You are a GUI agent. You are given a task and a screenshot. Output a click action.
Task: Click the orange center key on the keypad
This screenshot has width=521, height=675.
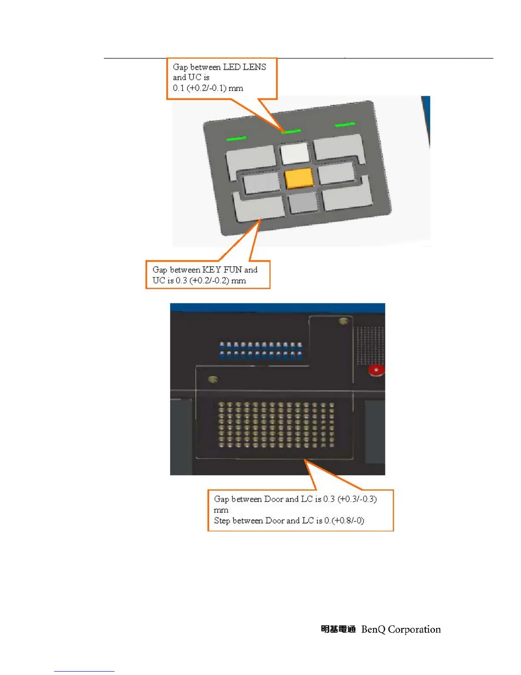[x=299, y=178]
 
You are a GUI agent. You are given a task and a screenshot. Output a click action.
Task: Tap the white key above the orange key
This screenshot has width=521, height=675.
[x=295, y=153]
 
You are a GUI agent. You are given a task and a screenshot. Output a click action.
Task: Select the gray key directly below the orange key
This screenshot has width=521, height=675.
[x=303, y=203]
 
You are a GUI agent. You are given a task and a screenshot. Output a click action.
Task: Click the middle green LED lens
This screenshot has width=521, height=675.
[x=291, y=131]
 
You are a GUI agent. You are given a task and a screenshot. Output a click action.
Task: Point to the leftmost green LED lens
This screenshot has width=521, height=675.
[x=236, y=138]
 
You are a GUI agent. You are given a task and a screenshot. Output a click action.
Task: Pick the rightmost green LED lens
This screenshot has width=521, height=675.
[x=345, y=124]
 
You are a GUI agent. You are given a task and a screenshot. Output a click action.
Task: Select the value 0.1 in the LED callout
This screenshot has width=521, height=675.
[x=178, y=88]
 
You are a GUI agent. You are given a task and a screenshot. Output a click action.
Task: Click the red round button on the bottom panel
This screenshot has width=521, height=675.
[x=376, y=370]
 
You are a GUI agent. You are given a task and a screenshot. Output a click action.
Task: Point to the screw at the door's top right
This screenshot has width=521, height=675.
[x=344, y=321]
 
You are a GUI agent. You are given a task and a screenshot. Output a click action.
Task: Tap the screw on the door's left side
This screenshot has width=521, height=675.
[x=213, y=379]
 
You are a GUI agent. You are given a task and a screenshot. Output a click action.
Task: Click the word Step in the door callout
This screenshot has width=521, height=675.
[x=222, y=520]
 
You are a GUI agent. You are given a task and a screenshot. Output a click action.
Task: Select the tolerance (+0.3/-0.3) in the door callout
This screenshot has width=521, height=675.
[x=357, y=499]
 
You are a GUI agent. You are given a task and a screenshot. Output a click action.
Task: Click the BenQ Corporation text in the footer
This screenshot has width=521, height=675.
[x=401, y=629]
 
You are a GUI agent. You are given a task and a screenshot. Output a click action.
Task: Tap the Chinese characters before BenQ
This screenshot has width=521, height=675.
[x=338, y=629]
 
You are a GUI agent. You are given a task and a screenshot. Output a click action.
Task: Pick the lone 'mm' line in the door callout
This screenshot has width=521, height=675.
[x=221, y=510]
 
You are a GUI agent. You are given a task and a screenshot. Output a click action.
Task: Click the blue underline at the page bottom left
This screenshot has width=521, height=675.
[x=84, y=671]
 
